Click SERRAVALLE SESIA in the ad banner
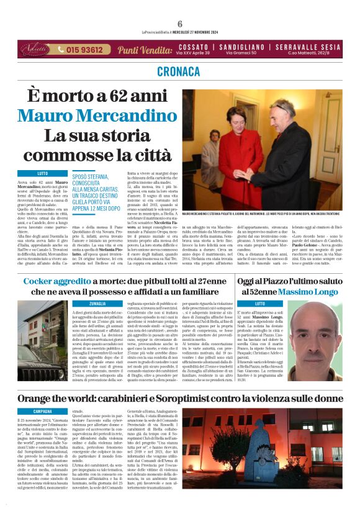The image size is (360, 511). coord(305,47)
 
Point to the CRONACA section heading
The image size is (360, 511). coord(180,71)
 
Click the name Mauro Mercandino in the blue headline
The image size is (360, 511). coord(97,115)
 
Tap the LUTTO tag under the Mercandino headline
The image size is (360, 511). coord(42,173)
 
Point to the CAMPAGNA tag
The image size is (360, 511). coord(42,411)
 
